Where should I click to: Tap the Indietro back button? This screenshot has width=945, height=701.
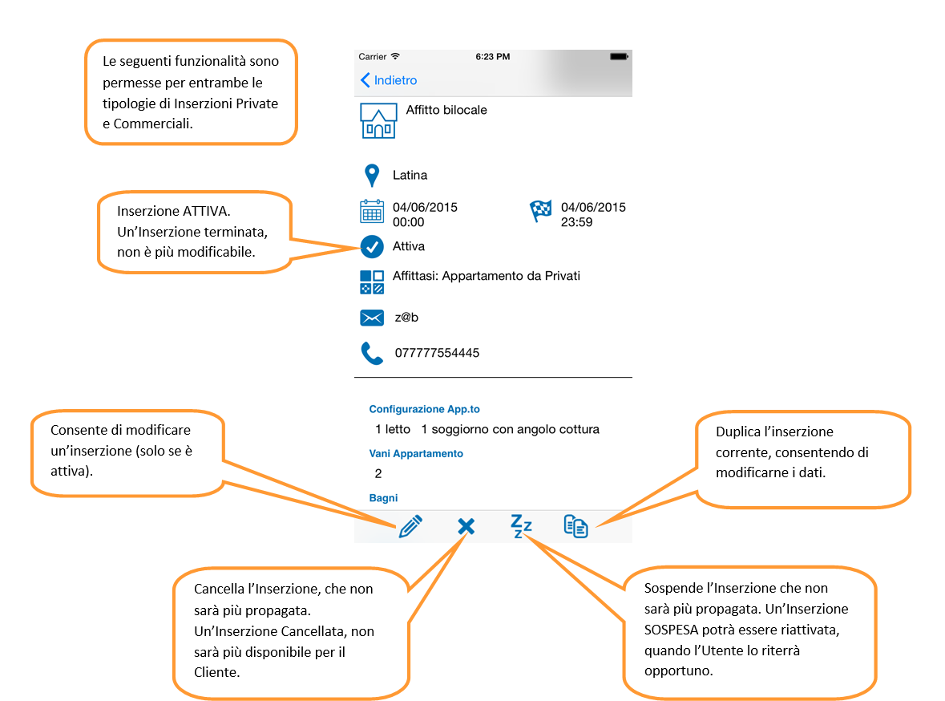pos(389,80)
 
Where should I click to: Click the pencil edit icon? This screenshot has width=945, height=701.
pos(410,527)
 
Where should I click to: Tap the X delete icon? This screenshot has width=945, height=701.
pos(466,527)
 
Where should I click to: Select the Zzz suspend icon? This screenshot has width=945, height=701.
pos(521,526)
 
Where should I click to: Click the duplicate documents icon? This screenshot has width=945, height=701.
pos(575,526)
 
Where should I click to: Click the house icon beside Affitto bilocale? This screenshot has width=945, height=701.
pos(378,120)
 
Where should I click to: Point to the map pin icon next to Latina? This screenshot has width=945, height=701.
pos(373,176)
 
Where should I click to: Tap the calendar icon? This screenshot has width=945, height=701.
pos(372,212)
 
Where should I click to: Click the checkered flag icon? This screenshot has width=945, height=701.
pos(540,211)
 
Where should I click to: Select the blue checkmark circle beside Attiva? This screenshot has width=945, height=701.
pos(372,247)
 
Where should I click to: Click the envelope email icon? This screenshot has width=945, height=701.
pos(372,318)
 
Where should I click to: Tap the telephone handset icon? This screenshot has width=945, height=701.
pos(372,354)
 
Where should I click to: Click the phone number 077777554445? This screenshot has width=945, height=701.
pos(437,353)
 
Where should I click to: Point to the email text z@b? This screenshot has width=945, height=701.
pos(406,318)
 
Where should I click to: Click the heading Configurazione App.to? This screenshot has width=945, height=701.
pos(424,409)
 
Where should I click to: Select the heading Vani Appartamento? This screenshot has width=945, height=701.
pos(416,454)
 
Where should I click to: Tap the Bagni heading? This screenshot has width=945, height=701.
pos(383,498)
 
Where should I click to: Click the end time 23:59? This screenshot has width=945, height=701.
pos(577,222)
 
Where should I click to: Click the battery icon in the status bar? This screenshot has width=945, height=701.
pos(619,57)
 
